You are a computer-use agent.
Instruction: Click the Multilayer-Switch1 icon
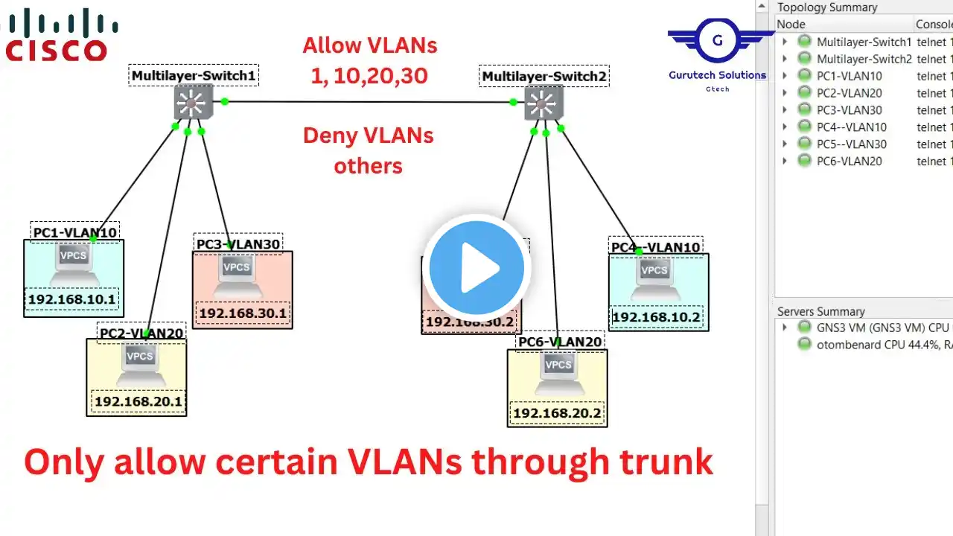pos(193,102)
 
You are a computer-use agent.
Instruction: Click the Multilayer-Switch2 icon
pos(544,103)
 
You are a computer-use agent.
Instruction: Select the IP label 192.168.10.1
pos(73,300)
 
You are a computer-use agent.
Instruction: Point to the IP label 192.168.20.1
pos(138,402)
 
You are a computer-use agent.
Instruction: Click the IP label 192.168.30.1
pos(243,313)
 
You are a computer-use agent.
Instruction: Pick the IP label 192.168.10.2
pos(656,316)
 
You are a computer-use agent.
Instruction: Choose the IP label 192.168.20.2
pos(557,413)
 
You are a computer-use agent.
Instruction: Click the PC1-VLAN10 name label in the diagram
pos(74,232)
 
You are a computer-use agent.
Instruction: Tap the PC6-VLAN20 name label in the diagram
pos(560,342)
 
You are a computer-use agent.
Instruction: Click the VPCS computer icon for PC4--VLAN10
pos(654,276)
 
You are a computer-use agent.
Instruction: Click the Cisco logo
pos(58,34)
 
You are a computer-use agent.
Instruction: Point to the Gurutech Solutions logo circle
pos(717,40)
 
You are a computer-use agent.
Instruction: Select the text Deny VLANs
pos(368,135)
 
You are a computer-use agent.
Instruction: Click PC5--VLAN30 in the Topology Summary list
pos(851,144)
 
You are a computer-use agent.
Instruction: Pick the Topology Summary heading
pos(827,7)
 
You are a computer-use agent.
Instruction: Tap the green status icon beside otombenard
pos(804,343)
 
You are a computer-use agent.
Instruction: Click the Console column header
pos(934,25)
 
